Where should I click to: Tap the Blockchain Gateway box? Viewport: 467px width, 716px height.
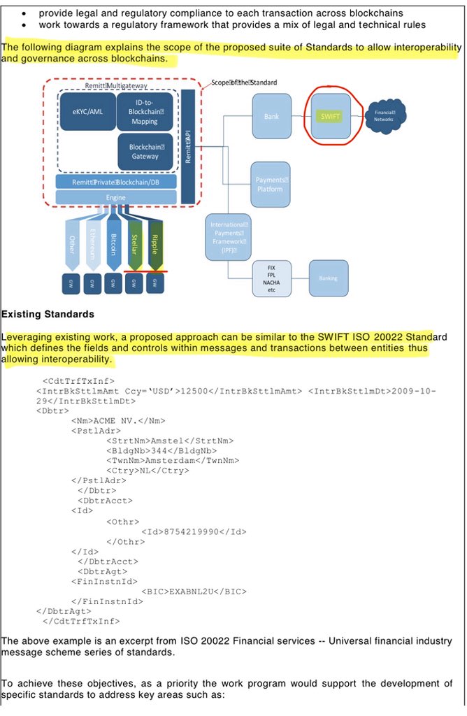point(145,151)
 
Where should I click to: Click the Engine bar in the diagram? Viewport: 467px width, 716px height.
point(116,198)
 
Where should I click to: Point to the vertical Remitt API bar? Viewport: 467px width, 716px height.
point(187,147)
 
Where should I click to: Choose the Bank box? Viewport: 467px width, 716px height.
point(271,117)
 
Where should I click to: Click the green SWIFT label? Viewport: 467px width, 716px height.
point(331,116)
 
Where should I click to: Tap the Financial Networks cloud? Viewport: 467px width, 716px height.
point(384,115)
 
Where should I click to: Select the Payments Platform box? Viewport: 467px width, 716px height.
point(270,185)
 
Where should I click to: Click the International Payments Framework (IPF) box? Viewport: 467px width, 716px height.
point(227,237)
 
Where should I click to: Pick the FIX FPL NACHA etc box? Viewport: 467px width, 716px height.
point(271,278)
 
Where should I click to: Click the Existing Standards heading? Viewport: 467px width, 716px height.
point(48,314)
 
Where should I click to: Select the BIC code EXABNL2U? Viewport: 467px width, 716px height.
point(192,591)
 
